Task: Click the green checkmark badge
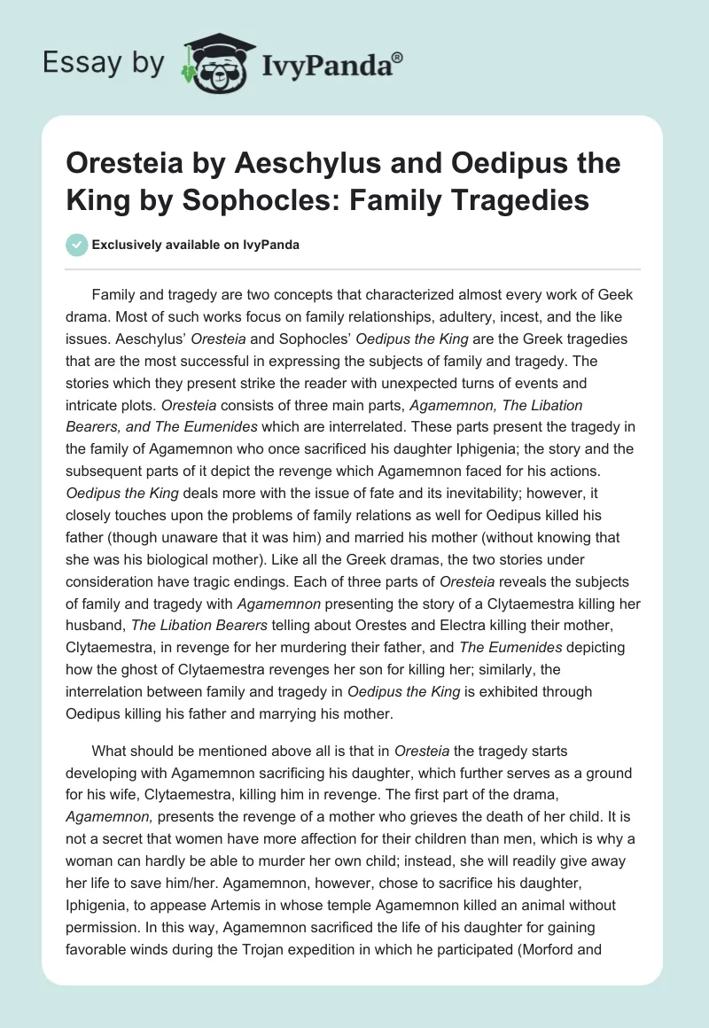tap(76, 245)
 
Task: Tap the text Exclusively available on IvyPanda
tap(195, 245)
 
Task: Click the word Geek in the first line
tap(615, 294)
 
